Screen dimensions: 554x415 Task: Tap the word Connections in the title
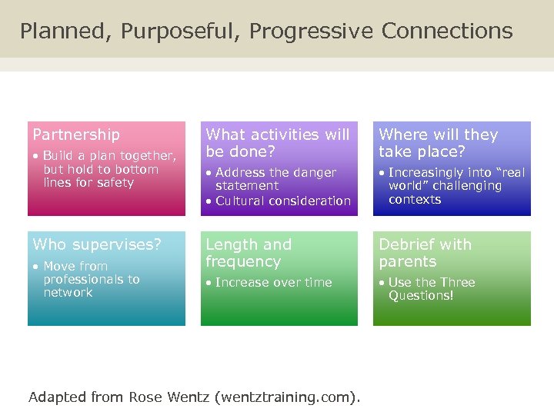pos(447,32)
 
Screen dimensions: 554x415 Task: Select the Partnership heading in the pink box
pos(76,134)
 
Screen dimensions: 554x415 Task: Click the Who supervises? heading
pos(97,244)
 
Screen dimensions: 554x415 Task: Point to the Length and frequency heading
pos(249,253)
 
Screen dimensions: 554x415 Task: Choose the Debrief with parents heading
pos(425,253)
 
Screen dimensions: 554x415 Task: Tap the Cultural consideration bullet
pos(282,201)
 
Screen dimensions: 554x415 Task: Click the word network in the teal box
pos(68,293)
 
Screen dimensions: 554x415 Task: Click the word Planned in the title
pos(53,32)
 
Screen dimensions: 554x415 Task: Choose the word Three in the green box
pos(458,283)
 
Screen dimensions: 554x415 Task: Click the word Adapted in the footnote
pos(55,397)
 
